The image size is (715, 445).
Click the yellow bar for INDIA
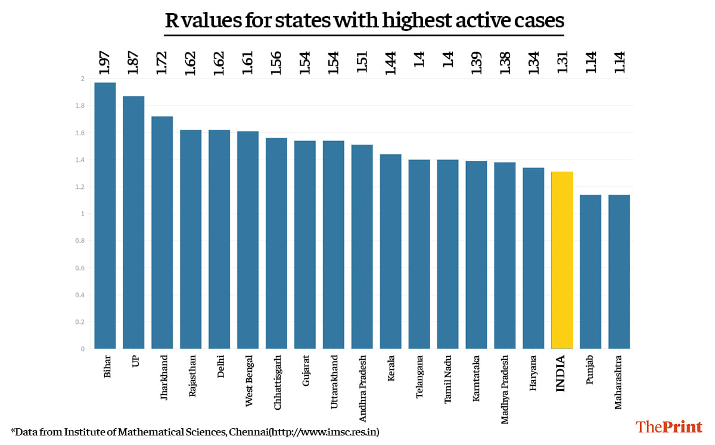[x=562, y=260]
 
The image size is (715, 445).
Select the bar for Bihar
[x=105, y=215]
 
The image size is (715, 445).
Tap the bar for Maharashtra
[x=619, y=271]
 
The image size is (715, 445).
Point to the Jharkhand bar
[x=162, y=232]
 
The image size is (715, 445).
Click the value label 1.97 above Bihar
[x=105, y=63]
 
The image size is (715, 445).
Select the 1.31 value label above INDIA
[x=562, y=63]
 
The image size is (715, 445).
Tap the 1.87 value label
[x=133, y=63]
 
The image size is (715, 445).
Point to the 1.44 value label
[x=390, y=63]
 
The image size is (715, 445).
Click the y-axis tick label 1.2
[x=80, y=187]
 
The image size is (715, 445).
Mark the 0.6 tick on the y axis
[x=80, y=268]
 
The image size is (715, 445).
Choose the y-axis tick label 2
[x=82, y=79]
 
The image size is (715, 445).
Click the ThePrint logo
[x=669, y=427]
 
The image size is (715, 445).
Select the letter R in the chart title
[x=171, y=21]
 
